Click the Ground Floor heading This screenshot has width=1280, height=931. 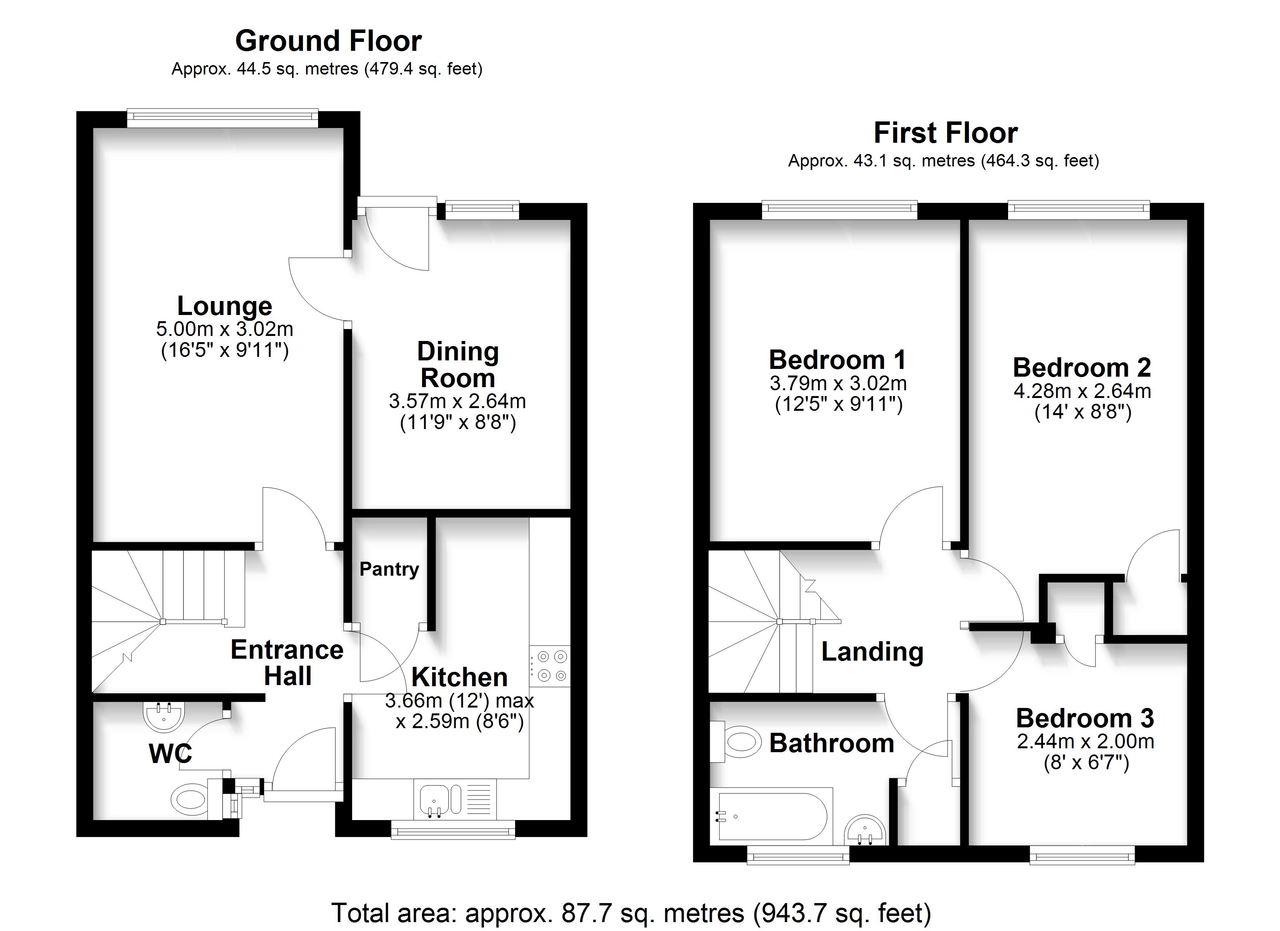click(x=329, y=41)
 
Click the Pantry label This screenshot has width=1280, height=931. click(x=389, y=569)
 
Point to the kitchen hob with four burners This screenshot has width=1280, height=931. click(x=550, y=666)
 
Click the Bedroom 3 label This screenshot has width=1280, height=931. click(x=1085, y=718)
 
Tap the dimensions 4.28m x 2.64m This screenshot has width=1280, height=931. click(x=1082, y=391)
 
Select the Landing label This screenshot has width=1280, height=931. click(x=872, y=652)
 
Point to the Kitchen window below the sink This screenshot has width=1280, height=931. click(x=453, y=829)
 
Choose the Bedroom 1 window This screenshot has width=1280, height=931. click(x=840, y=210)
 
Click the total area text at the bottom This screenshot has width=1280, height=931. click(x=631, y=912)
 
